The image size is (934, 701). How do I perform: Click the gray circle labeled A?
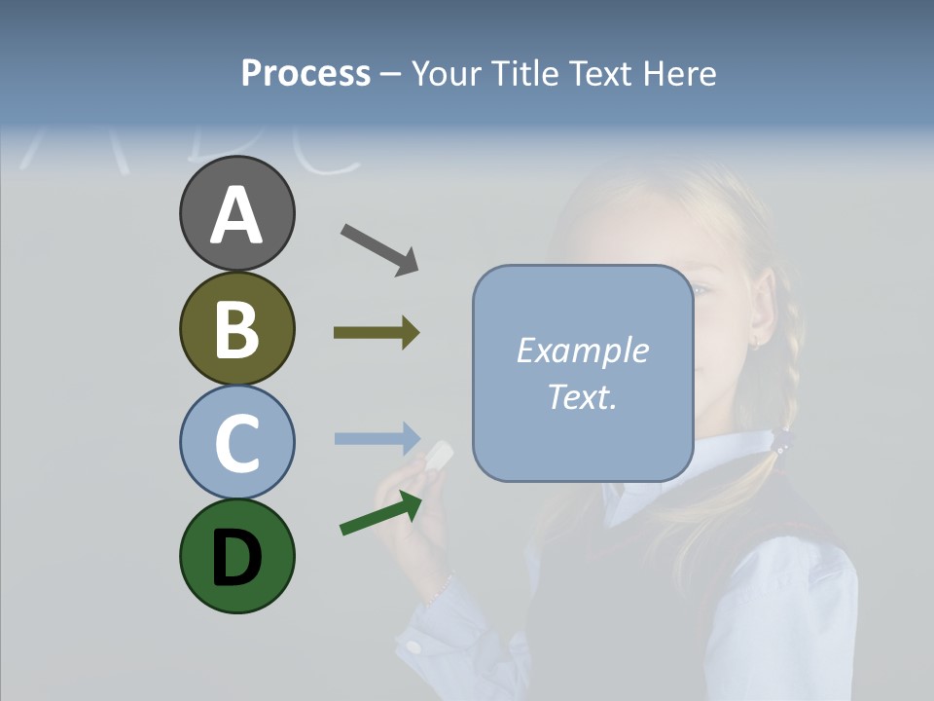click(x=236, y=213)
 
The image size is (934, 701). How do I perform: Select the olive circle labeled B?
click(x=236, y=328)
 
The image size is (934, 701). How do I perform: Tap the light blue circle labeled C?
click(x=236, y=442)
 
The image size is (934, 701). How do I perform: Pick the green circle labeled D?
click(x=236, y=556)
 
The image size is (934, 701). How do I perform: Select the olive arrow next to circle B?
click(x=377, y=333)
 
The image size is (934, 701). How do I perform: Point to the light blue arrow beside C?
click(x=377, y=438)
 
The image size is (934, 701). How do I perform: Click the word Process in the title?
click(x=305, y=73)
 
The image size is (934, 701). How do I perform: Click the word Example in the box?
click(x=582, y=350)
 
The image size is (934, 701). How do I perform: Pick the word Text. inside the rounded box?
click(x=582, y=396)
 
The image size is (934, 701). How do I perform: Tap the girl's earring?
click(x=754, y=343)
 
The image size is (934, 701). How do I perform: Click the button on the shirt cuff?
click(x=414, y=645)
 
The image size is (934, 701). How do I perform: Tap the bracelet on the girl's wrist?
click(x=443, y=587)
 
